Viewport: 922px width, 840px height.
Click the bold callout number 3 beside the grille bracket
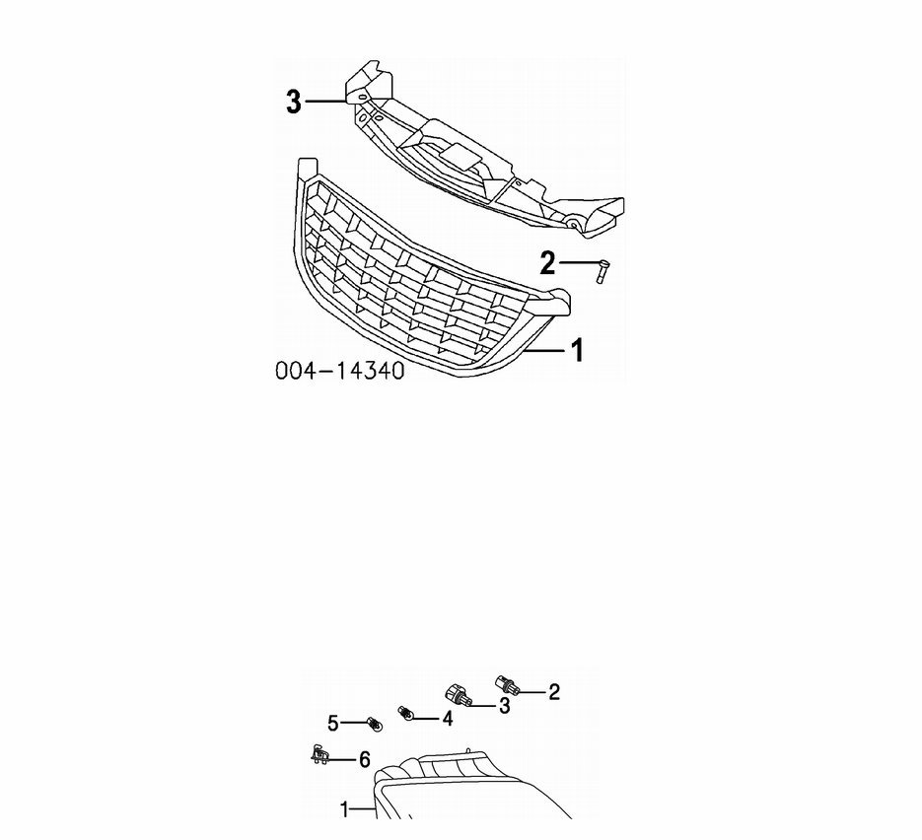pyautogui.click(x=294, y=102)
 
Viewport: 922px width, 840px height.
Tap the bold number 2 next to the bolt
pyautogui.click(x=547, y=263)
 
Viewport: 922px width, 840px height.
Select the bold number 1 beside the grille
pyautogui.click(x=577, y=350)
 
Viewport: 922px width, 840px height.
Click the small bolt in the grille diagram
pyautogui.click(x=603, y=272)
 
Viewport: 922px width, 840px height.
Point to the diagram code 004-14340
pyautogui.click(x=340, y=371)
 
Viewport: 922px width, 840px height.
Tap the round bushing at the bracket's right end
pyautogui.click(x=572, y=225)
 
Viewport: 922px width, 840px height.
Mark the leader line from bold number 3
pyautogui.click(x=325, y=102)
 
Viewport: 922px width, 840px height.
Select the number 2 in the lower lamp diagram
pyautogui.click(x=554, y=692)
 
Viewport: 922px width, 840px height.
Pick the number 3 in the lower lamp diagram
pyautogui.click(x=504, y=706)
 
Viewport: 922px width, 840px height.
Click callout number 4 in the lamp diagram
pyautogui.click(x=448, y=718)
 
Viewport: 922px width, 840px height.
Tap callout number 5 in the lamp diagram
pyautogui.click(x=333, y=724)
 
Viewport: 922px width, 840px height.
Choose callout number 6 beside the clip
pyautogui.click(x=365, y=759)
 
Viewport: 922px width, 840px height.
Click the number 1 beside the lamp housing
pyautogui.click(x=345, y=809)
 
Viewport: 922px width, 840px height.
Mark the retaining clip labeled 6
pyautogui.click(x=319, y=755)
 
